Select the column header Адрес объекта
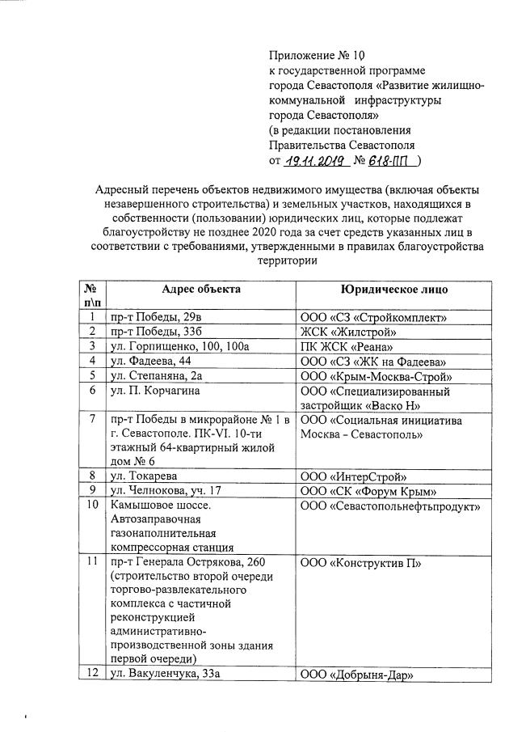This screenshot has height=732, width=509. (x=201, y=289)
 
